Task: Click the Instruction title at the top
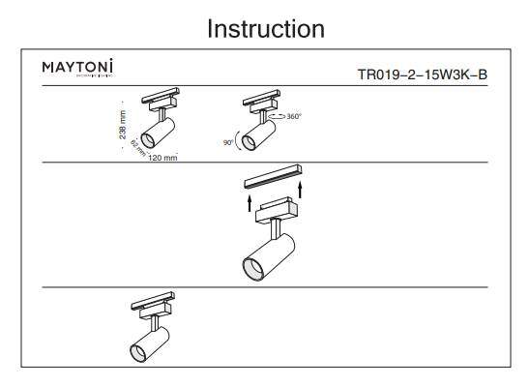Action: pyautogui.click(x=265, y=29)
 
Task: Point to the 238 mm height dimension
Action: pyautogui.click(x=123, y=127)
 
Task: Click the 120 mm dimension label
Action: pyautogui.click(x=163, y=157)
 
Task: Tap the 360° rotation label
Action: pyautogui.click(x=292, y=116)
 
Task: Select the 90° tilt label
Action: pyautogui.click(x=228, y=142)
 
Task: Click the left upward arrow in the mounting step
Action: pyautogui.click(x=249, y=201)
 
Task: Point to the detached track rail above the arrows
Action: pyautogui.click(x=275, y=178)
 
